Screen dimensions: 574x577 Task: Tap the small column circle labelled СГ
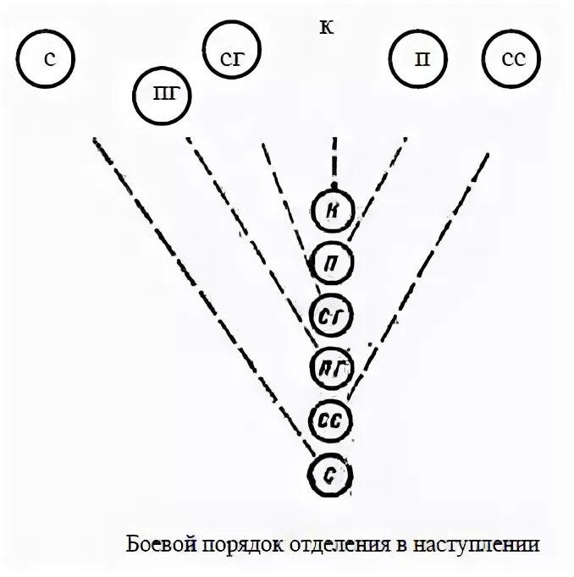point(332,314)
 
